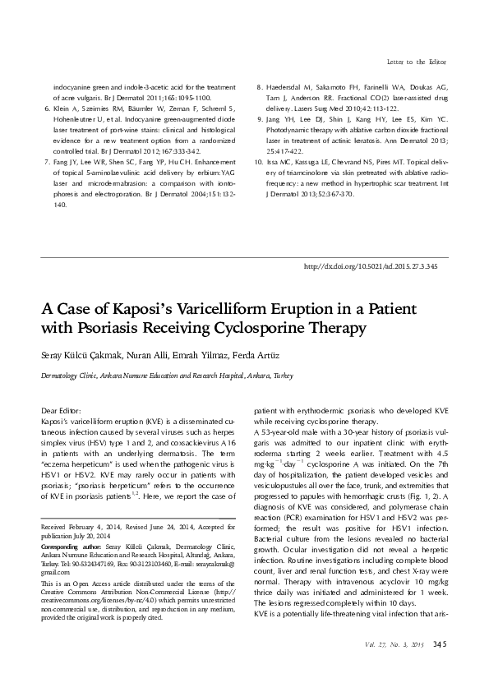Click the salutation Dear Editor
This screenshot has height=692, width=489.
(61, 408)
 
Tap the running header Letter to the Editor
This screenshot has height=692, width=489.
(416, 62)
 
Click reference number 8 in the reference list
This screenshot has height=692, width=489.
(261, 85)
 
